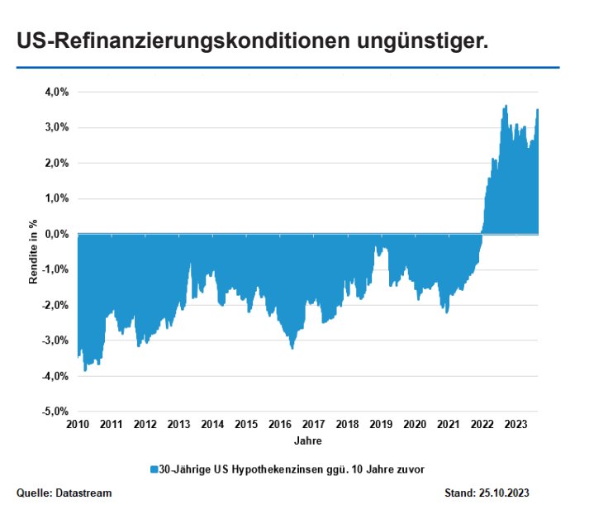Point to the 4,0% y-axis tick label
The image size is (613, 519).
[55, 92]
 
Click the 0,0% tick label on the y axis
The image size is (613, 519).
[55, 234]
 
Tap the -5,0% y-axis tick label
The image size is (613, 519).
[54, 411]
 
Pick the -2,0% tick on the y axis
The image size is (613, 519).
[54, 305]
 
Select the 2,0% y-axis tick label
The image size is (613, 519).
[55, 163]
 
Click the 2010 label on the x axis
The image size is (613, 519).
[78, 424]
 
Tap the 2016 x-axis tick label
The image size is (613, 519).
[280, 424]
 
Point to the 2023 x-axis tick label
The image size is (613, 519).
[516, 424]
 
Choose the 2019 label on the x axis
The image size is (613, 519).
[381, 424]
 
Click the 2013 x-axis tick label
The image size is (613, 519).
[178, 424]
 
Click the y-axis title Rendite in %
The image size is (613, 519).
[34, 251]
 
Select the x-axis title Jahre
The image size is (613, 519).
[306, 440]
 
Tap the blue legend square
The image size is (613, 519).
[154, 469]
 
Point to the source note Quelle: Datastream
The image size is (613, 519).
[64, 493]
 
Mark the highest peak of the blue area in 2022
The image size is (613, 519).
[506, 106]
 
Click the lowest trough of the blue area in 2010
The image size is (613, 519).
[85, 370]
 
